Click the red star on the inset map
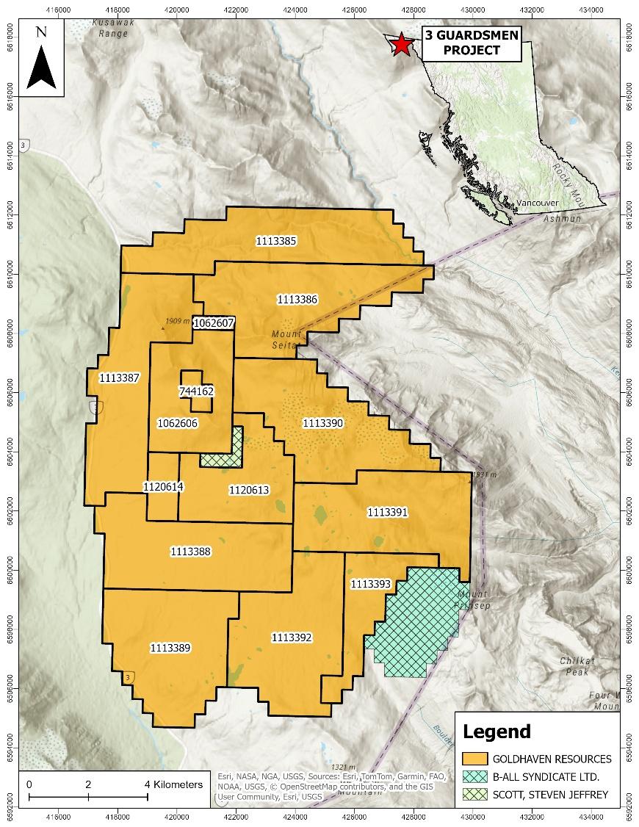401,45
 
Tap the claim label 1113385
276,240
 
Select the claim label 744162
196,391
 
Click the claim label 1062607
213,322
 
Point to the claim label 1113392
292,637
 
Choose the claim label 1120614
163,487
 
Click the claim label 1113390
323,423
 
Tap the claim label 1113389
170,648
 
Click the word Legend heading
496,732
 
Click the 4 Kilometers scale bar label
175,784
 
